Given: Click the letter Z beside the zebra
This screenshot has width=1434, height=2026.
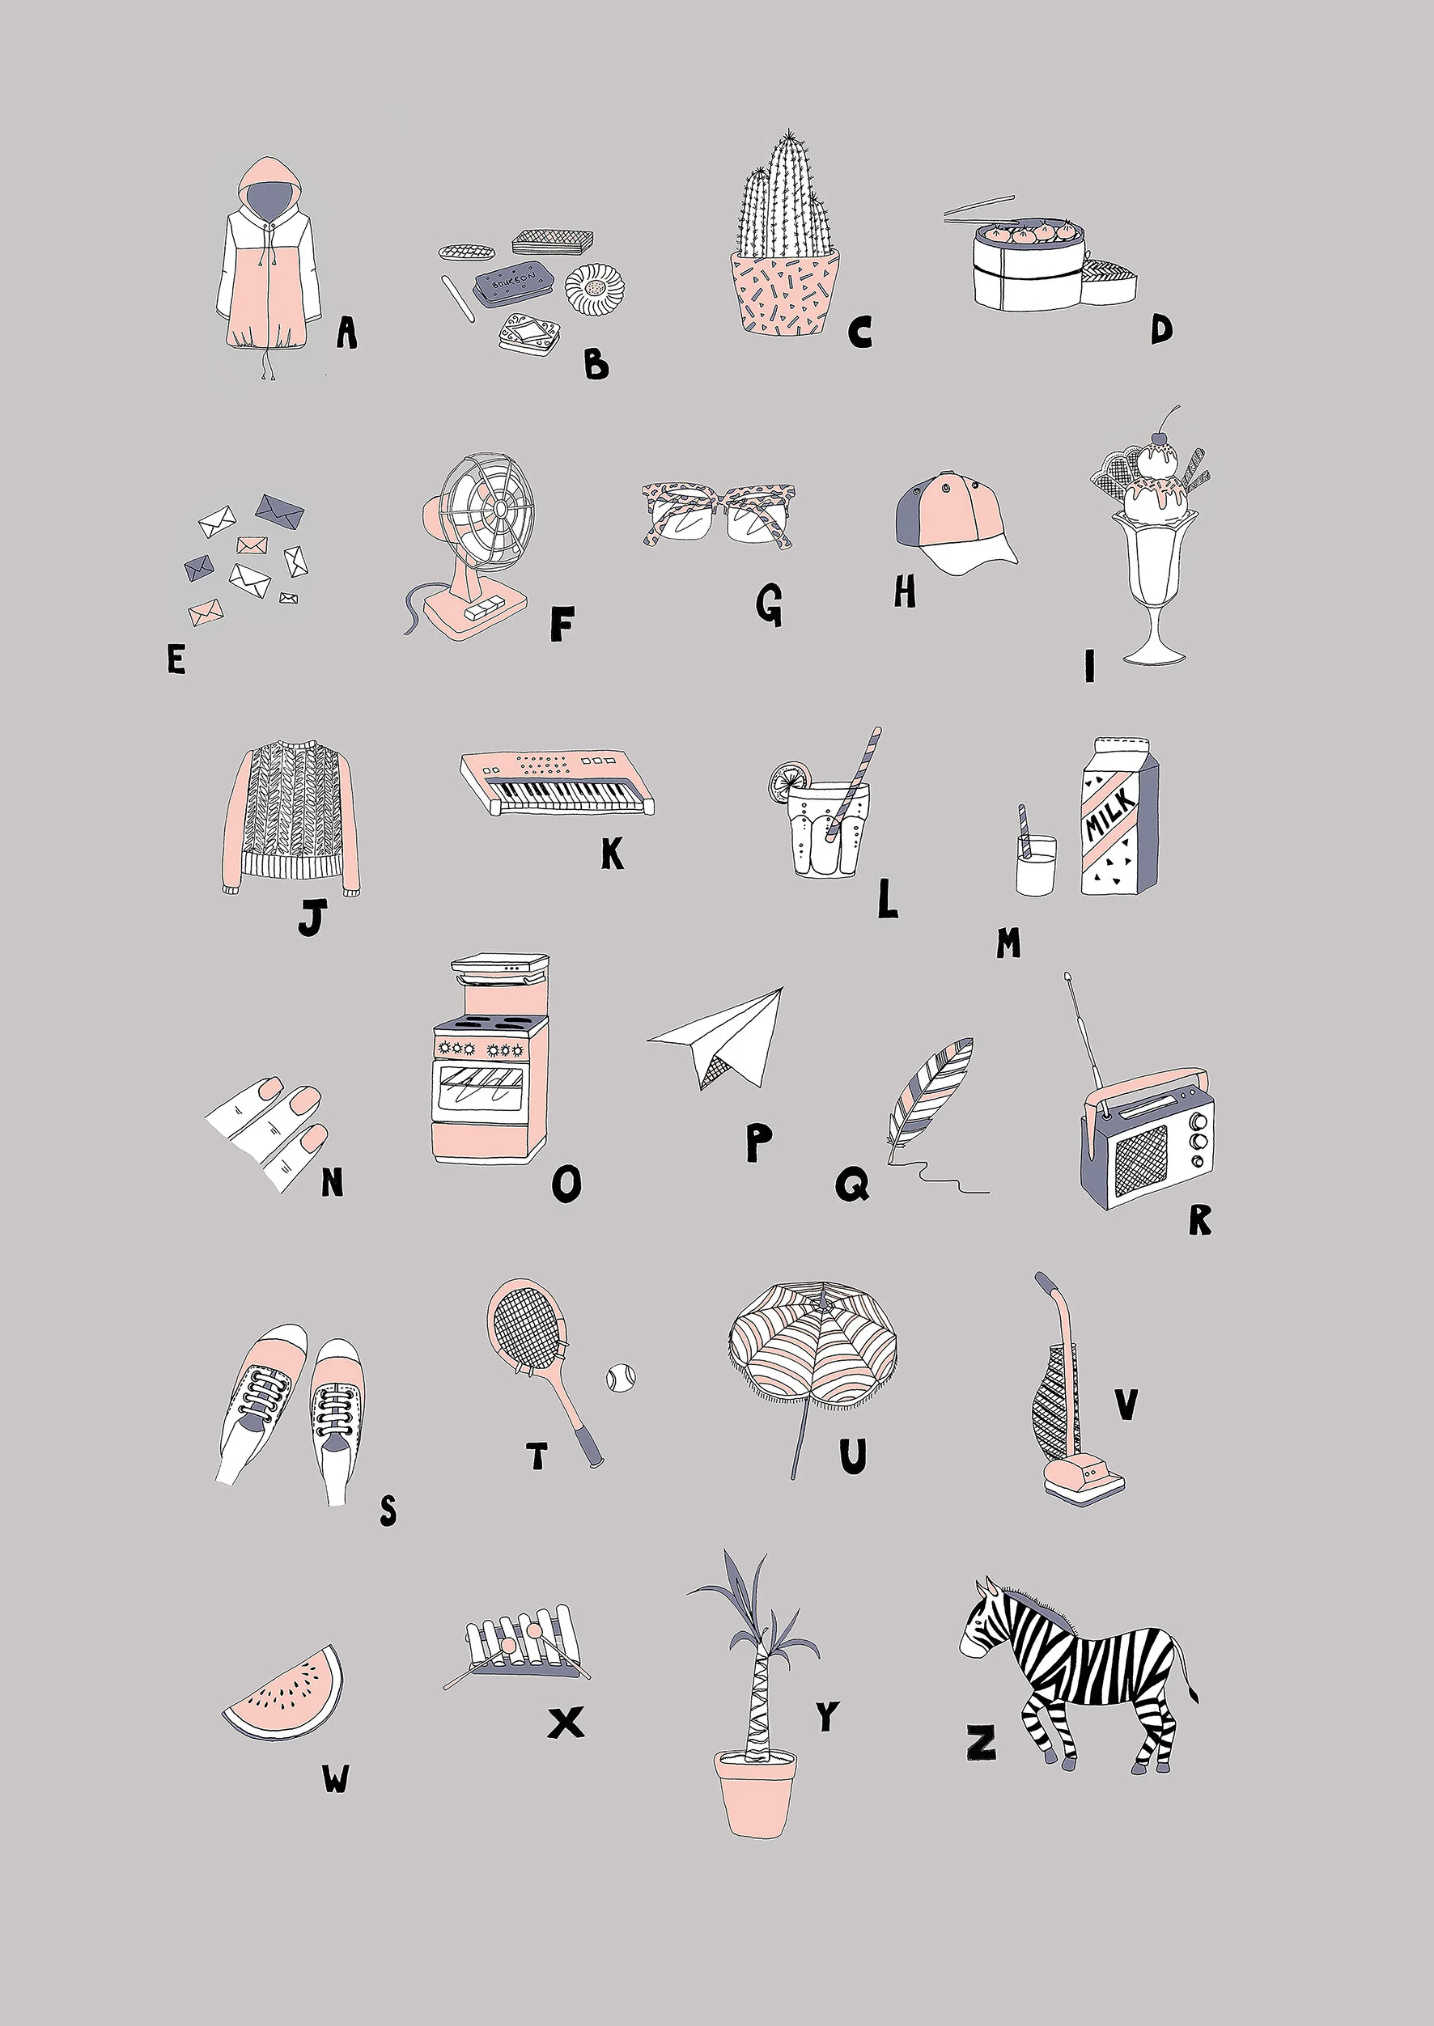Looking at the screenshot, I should coord(980,1743).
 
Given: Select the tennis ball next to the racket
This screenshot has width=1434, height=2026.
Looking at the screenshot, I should coord(620,1377).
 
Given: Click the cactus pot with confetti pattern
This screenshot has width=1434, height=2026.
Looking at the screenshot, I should coord(785,290).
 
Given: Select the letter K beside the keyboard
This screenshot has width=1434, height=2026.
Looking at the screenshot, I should coord(612,853).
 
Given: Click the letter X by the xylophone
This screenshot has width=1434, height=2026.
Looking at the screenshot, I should coord(566,1723).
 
